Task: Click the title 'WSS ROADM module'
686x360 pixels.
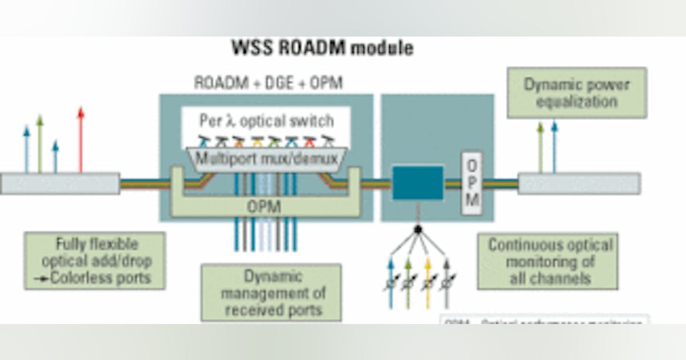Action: pos(322,49)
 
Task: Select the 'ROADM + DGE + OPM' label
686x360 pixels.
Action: pos(268,83)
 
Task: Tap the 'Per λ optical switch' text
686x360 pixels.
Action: pos(266,121)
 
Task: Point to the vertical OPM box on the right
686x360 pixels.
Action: pos(472,183)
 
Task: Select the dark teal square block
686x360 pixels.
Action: pos(418,183)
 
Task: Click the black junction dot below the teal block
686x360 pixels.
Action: pos(418,229)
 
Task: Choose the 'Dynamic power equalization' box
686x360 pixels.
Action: pos(576,93)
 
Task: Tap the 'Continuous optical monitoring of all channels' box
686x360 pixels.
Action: pos(548,262)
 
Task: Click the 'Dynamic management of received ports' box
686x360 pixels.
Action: pos(271,293)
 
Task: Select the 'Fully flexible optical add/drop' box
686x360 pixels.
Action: pos(95,261)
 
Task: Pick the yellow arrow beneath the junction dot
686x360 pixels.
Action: pos(427,283)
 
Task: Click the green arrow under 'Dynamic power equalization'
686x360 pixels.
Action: pos(540,147)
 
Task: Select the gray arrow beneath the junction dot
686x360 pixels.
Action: pos(446,283)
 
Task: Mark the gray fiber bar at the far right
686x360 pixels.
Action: pos(579,183)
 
